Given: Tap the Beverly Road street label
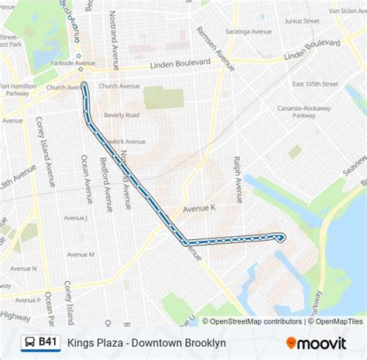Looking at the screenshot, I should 122,114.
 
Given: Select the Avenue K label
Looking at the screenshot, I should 197,209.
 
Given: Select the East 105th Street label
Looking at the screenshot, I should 316,84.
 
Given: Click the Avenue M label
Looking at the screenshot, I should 81,254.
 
